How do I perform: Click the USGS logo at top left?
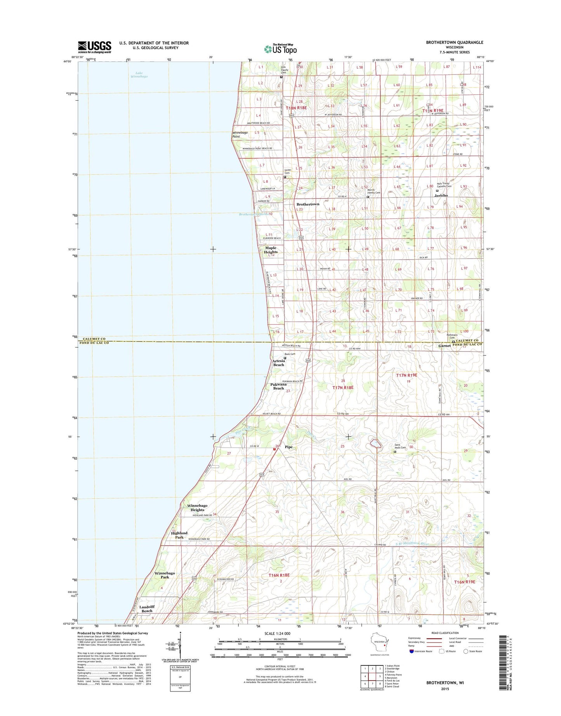[94, 47]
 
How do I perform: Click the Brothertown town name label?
[308, 204]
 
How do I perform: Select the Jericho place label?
[441, 196]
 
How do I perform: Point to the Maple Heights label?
[271, 250]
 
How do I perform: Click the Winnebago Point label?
[240, 134]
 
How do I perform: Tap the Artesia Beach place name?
[278, 363]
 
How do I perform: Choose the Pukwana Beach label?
[278, 386]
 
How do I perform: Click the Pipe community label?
[288, 447]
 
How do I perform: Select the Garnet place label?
[445, 346]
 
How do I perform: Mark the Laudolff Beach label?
[147, 609]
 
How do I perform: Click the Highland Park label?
[179, 535]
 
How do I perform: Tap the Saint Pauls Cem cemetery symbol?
[395, 452]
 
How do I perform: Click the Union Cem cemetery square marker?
[285, 177]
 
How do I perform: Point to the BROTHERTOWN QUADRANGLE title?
[454, 42]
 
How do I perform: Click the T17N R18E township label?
[343, 388]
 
